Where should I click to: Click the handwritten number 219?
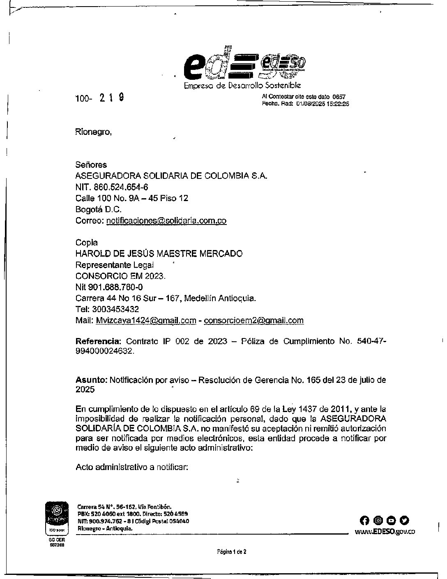point(112,98)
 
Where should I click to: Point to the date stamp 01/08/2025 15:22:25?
point(323,104)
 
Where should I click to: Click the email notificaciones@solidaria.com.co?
point(166,220)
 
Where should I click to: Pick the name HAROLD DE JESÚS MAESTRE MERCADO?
point(159,254)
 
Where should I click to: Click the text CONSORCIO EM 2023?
point(121,276)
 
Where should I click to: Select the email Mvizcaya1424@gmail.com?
point(146,320)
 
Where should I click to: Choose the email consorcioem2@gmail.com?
point(254,320)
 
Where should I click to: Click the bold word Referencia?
point(99,341)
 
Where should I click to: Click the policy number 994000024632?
point(105,352)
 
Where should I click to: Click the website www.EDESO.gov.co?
point(385,531)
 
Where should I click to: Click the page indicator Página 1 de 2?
point(232,552)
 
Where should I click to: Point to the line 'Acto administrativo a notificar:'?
point(132,467)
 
